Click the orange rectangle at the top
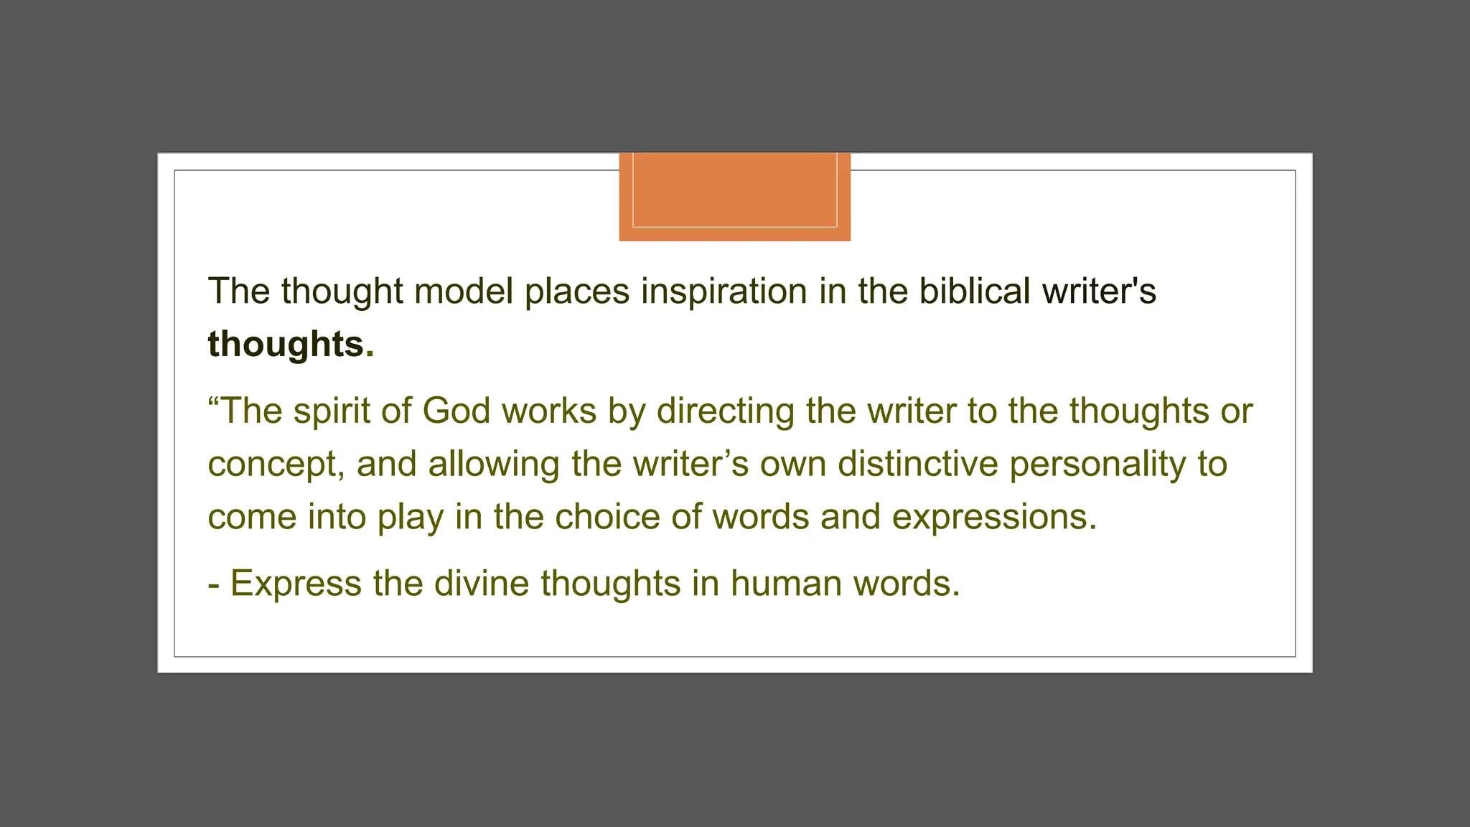(734, 196)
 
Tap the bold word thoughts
(286, 344)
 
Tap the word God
(456, 411)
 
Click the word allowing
(494, 464)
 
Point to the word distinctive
(917, 464)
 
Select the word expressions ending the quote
(993, 518)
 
